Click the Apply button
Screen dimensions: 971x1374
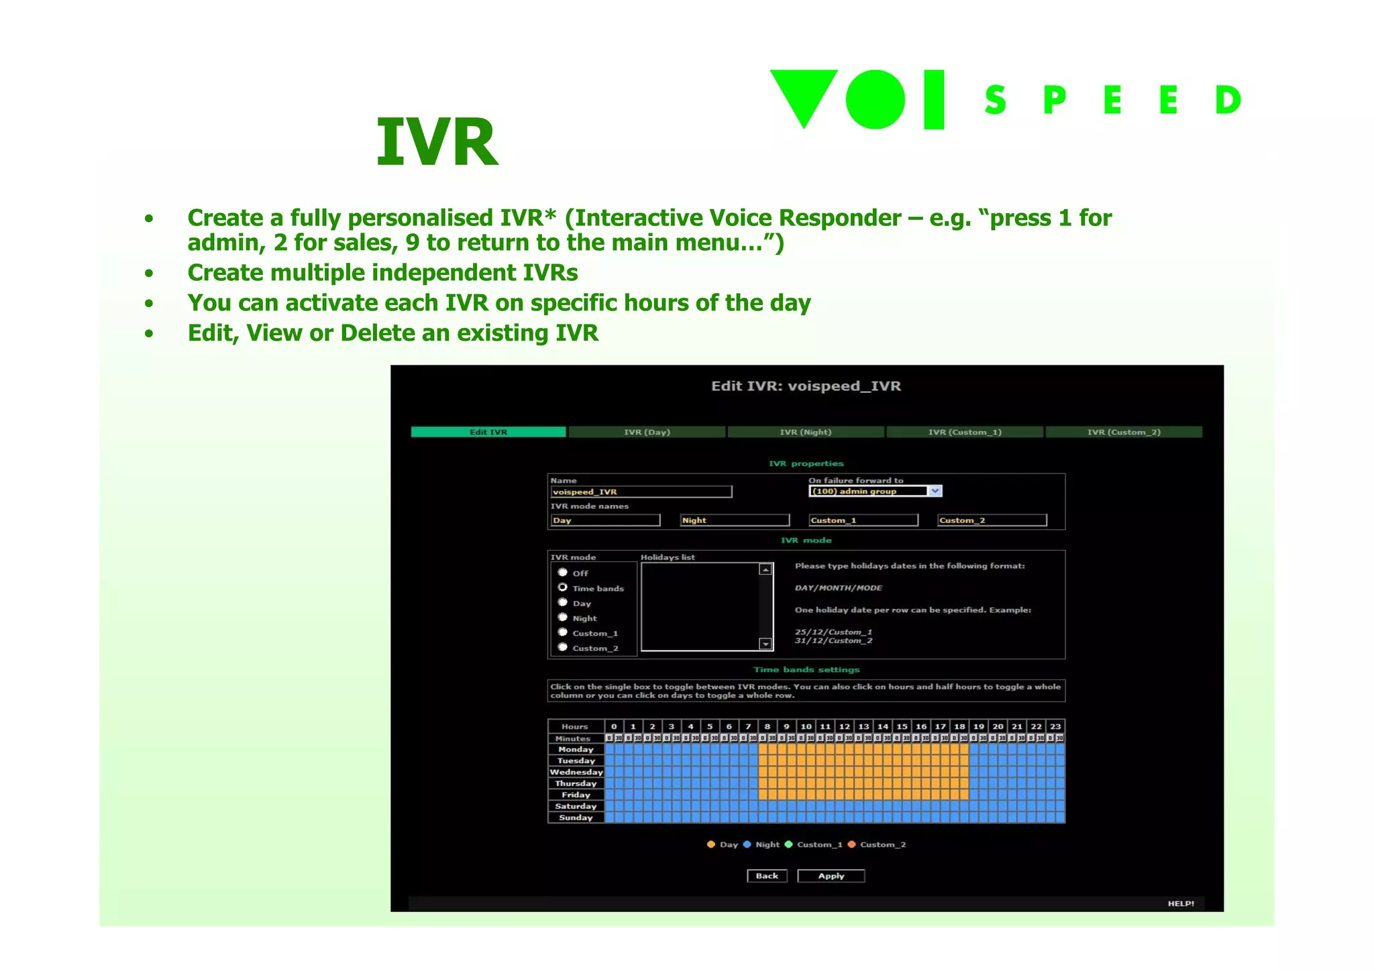click(831, 876)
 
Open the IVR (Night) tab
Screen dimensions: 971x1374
click(805, 433)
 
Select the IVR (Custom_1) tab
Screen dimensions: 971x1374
click(965, 433)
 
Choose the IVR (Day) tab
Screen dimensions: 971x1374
click(647, 433)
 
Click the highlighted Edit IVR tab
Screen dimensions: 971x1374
click(488, 433)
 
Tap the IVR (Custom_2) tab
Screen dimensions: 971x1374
click(1124, 433)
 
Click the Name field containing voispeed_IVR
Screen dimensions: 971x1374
click(641, 492)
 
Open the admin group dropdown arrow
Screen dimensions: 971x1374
click(935, 492)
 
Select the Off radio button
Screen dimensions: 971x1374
click(563, 573)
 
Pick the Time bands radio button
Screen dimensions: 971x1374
click(563, 587)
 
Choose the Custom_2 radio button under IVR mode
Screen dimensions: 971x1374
click(563, 647)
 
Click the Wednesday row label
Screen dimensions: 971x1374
click(576, 773)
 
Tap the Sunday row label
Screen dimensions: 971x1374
click(576, 818)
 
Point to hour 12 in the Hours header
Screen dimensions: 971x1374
click(845, 727)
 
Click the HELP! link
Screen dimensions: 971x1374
click(1181, 904)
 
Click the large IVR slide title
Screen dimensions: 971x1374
click(437, 142)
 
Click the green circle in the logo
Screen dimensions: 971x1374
click(876, 99)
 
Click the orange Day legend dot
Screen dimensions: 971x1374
click(711, 845)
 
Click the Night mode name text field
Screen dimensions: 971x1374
click(735, 520)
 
